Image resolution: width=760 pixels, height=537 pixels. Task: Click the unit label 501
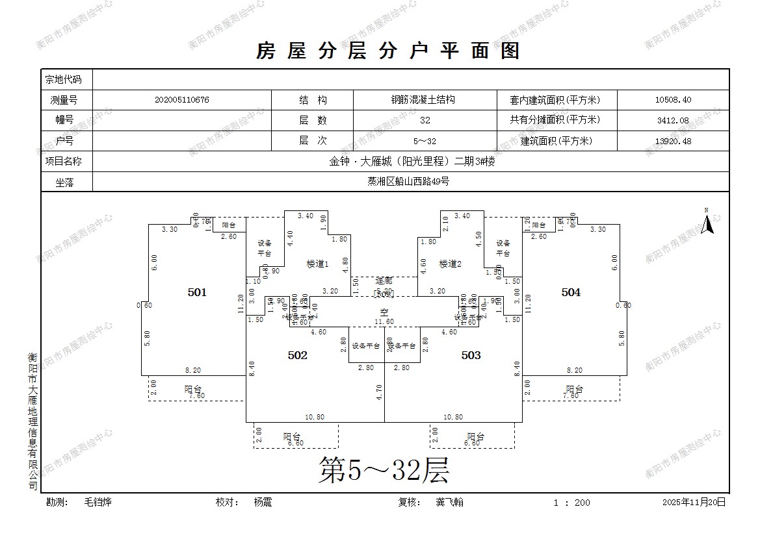[197, 292]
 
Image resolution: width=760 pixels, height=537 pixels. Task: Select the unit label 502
[297, 355]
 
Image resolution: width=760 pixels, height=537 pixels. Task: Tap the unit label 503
[471, 355]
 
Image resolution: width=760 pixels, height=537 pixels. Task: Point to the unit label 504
[571, 292]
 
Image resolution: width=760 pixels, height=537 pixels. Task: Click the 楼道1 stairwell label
[318, 264]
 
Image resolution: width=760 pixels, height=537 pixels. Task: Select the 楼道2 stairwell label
[450, 264]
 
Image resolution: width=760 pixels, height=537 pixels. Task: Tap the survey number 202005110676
[182, 100]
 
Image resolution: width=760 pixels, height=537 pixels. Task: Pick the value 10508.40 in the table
[673, 100]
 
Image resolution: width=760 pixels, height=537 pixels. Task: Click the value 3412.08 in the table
[673, 120]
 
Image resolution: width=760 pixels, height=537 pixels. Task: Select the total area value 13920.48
[673, 141]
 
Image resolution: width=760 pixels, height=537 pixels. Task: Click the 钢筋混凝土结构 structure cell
[423, 100]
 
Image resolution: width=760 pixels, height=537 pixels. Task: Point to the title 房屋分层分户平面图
[388, 51]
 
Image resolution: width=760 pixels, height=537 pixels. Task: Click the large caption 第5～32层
[384, 469]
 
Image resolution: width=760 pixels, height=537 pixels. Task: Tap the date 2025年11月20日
[694, 502]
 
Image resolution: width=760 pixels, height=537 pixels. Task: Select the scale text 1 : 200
[572, 503]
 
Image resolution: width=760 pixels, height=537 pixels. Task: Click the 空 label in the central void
[384, 312]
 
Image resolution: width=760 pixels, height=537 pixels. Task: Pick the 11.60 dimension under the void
[385, 321]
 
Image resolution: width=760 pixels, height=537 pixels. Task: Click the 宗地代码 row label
[63, 79]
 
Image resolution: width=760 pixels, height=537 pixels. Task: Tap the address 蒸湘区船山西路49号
[408, 182]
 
